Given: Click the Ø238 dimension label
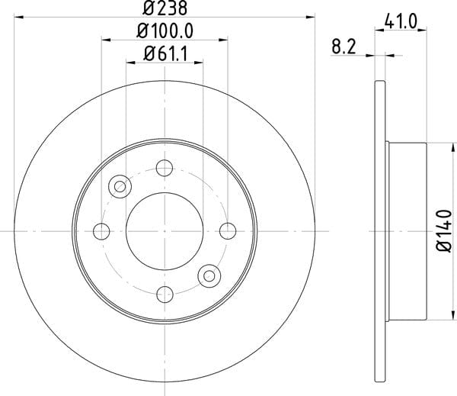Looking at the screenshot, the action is coord(165,8).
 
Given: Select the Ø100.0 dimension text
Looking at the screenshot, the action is coord(165,31).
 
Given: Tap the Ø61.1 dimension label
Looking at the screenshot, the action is coord(165,54).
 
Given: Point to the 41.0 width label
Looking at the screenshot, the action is coord(401,21).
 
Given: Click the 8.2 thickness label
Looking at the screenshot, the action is coord(344,47).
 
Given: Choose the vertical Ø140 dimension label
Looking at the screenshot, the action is coord(444,230).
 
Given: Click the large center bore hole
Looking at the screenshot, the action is coord(165,231).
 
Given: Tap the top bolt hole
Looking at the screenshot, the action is coord(165,168).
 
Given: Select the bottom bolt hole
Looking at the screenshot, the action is coord(165,295).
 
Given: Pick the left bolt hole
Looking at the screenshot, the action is coord(101,231).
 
